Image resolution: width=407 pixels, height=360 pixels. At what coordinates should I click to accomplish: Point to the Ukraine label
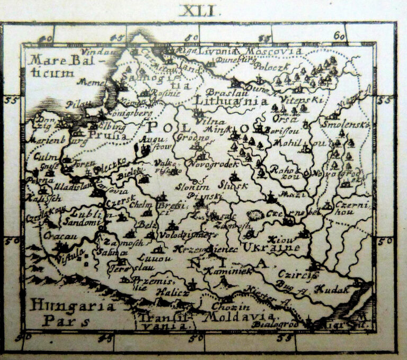point(272,248)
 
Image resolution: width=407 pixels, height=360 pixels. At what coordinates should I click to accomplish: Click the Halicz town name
point(172,293)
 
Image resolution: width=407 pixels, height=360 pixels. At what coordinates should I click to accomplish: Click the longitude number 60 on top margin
point(339,36)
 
